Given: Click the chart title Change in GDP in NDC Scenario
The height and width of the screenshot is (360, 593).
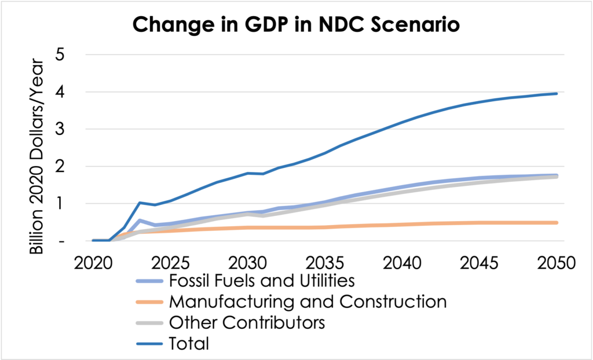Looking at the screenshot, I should click(x=296, y=25).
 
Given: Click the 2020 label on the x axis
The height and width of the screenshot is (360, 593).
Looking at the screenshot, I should click(x=93, y=263).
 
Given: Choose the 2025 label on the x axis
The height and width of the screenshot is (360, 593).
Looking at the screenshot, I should click(x=170, y=263).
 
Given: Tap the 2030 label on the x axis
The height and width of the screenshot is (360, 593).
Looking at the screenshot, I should click(x=247, y=263).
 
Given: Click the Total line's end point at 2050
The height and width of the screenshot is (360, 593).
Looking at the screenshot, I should click(x=557, y=93).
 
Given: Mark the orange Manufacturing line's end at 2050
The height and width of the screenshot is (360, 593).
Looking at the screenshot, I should click(x=557, y=222).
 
